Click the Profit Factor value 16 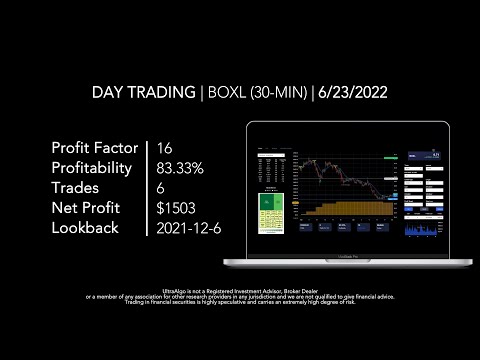pos(165,148)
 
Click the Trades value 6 pos(162,188)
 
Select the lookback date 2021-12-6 pos(189,228)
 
